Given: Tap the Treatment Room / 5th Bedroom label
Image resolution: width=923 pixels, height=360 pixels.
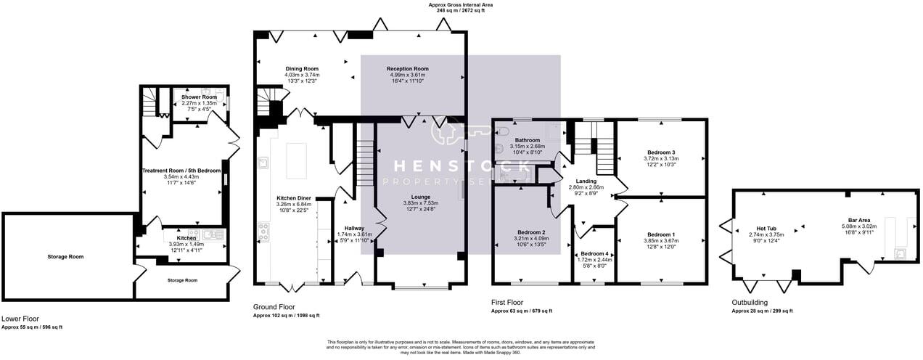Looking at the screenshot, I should pos(181,171).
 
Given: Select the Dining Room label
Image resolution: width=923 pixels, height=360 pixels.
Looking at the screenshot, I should pos(302,69).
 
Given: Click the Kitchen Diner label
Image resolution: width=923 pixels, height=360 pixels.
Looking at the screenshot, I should pos(294,198).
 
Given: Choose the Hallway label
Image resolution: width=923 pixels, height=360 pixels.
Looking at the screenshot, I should pos(354,228).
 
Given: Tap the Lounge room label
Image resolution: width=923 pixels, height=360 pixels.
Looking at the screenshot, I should pos(421,197).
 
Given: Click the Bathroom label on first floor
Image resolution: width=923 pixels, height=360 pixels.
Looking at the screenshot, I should pos(527,140).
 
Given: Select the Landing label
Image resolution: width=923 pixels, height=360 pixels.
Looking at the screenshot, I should pos(586,181).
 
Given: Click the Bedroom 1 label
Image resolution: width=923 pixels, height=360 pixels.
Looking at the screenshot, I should pos(660,234).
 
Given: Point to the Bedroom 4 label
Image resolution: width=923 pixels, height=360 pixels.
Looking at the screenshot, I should pos(596,253).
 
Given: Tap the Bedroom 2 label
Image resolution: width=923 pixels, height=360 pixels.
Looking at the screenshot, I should pos(530,232).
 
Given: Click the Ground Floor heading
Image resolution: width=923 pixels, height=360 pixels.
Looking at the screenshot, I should pos(274,307).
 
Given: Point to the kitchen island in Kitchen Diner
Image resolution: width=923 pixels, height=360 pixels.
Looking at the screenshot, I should pos(298,160).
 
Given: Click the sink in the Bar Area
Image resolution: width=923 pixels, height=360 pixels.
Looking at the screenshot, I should pos(900,253).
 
